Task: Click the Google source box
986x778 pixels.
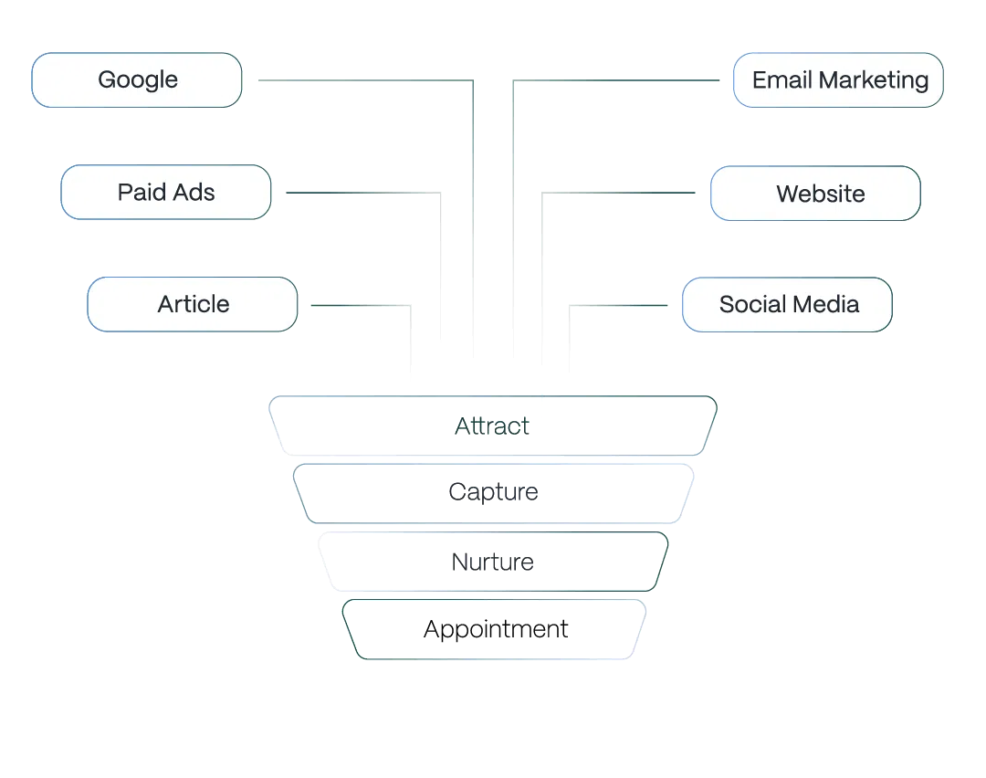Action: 137,80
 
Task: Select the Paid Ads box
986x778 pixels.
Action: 166,193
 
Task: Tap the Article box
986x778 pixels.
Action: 193,304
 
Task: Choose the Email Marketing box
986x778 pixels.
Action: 838,80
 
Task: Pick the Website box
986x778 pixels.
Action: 815,194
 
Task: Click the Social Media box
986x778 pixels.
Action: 787,304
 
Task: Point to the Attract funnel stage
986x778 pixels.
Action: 492,426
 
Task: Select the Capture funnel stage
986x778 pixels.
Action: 493,493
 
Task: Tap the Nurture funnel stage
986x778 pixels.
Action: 493,561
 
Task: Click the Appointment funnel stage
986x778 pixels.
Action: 496,629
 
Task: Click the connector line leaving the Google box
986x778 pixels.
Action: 365,81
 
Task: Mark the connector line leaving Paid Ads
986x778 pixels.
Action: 361,194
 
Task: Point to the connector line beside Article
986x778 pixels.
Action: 361,304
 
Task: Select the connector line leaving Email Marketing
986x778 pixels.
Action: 621,81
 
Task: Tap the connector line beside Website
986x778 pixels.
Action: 621,194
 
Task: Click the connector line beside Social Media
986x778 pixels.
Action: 621,304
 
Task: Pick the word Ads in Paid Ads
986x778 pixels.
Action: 194,193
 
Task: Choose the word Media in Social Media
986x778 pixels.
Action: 830,304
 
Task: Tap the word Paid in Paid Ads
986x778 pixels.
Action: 139,193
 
